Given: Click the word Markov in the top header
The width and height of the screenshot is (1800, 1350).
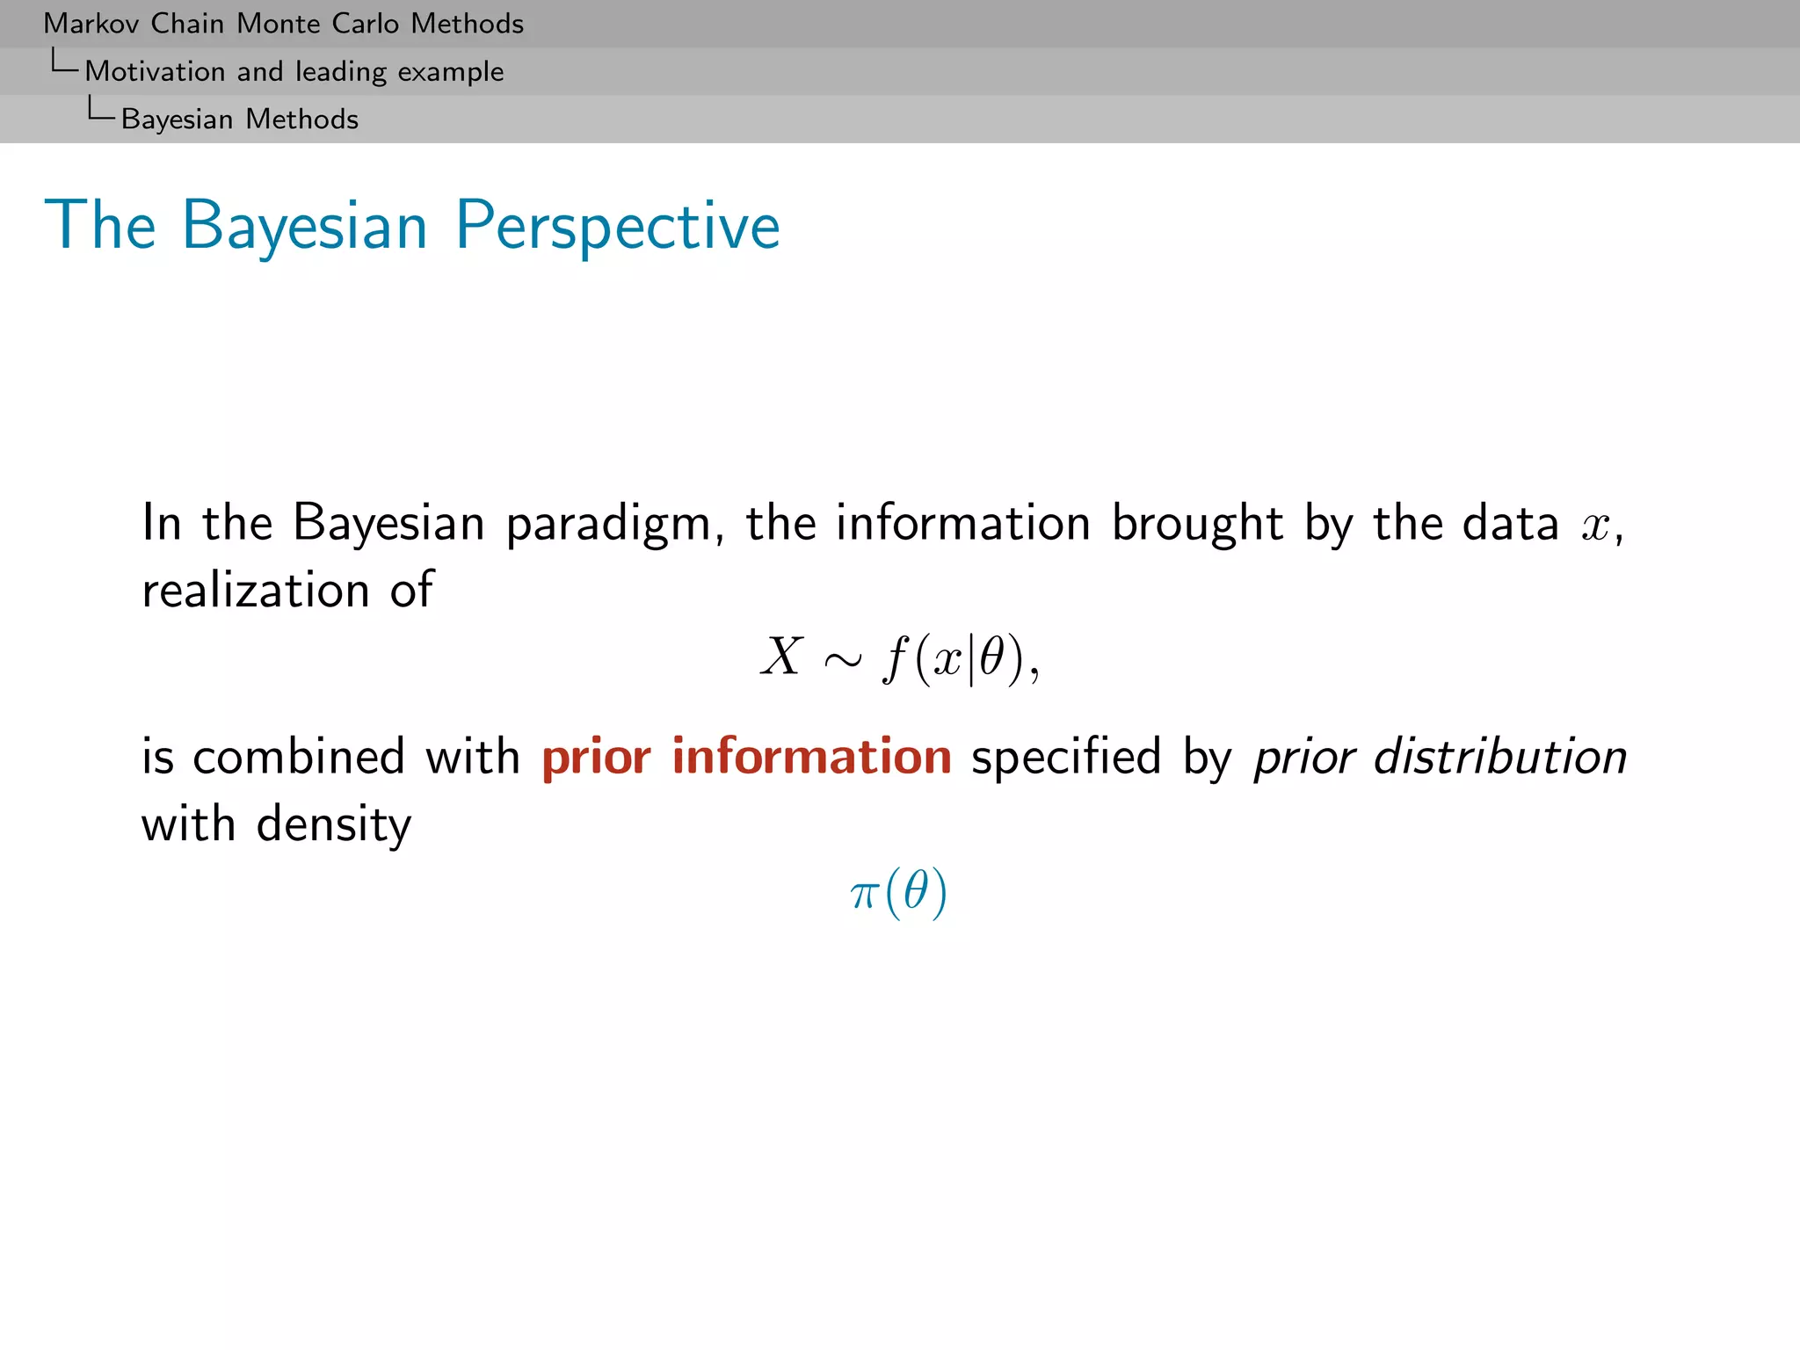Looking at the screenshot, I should tap(91, 24).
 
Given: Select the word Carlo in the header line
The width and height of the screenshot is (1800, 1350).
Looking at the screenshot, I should tap(365, 24).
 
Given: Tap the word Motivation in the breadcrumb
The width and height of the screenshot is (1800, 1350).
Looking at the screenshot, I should tap(155, 71).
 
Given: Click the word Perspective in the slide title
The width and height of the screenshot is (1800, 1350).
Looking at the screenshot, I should tap(617, 226).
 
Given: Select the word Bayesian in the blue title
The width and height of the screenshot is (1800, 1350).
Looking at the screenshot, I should tap(305, 226).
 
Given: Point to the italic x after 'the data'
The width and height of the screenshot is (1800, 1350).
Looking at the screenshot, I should tap(1594, 526).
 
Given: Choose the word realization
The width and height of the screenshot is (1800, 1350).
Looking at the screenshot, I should tap(256, 589).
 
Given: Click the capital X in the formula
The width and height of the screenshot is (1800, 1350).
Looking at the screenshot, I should tap(781, 657).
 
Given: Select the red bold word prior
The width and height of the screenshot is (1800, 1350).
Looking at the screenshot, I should tap(596, 757).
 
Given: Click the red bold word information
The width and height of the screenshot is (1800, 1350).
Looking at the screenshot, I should tap(811, 756).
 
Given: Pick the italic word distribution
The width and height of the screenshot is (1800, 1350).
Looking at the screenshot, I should tap(1499, 757).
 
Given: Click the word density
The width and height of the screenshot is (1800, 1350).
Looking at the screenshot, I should tap(333, 824).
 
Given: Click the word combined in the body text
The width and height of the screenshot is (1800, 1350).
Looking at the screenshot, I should tap(299, 757).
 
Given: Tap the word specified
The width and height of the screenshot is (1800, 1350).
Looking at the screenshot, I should tap(1066, 757).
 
